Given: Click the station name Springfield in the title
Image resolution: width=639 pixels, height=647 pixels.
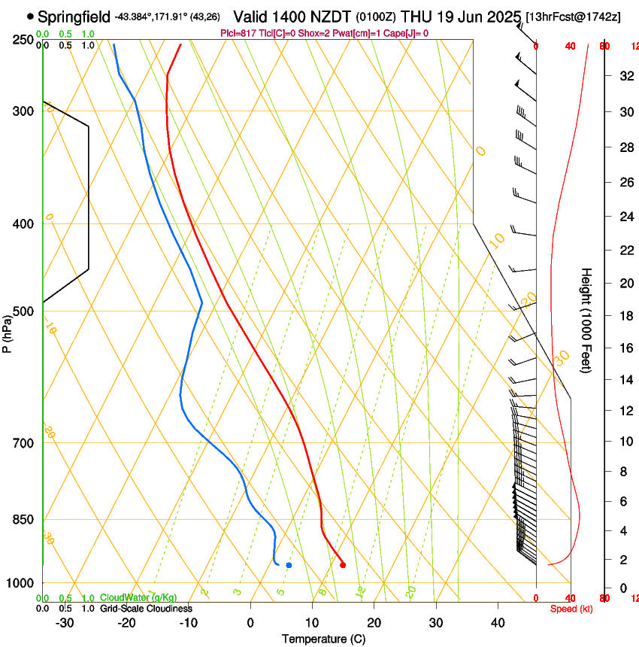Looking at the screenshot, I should (74, 16).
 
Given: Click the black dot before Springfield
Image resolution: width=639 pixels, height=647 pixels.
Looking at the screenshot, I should (30, 16).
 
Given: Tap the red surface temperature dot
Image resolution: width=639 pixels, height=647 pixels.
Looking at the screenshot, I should (343, 565).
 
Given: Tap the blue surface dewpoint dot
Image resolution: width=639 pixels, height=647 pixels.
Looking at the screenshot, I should (289, 565).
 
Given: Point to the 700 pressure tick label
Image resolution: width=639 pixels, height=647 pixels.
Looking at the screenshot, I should (23, 443).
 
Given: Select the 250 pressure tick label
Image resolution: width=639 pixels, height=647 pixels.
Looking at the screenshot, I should (23, 40).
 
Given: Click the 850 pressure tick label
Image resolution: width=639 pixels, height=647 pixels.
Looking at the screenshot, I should (23, 520).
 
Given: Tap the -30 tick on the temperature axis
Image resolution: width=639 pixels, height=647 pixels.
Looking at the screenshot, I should (65, 623).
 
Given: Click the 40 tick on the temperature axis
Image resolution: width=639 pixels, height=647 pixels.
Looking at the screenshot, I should (498, 623).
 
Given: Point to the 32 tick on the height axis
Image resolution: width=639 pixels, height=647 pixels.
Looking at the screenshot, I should (624, 76).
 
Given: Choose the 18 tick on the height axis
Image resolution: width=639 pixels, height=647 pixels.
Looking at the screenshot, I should (624, 316).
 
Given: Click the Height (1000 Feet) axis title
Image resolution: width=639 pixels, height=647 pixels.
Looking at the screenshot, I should (586, 320).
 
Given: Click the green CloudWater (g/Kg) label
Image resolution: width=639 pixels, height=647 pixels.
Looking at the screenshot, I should (139, 597).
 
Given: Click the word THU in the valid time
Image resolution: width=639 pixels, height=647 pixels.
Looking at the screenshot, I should (416, 16).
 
